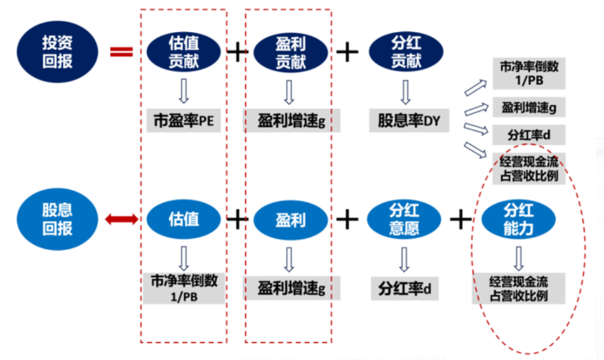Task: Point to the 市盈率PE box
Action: pos(184,120)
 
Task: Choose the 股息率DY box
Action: pos(405,120)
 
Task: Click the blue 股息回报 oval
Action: pos(57,219)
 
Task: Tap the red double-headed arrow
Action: pos(121,220)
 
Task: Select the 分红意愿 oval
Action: pos(405,220)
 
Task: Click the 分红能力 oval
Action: pos(518,219)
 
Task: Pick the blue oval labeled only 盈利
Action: pos(291,220)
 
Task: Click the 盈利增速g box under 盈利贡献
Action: pos(291,120)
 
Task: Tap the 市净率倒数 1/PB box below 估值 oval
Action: pos(184,288)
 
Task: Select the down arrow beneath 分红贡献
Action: pos(405,91)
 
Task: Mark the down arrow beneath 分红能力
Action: pos(518,257)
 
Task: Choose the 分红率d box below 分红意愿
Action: pos(405,288)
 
